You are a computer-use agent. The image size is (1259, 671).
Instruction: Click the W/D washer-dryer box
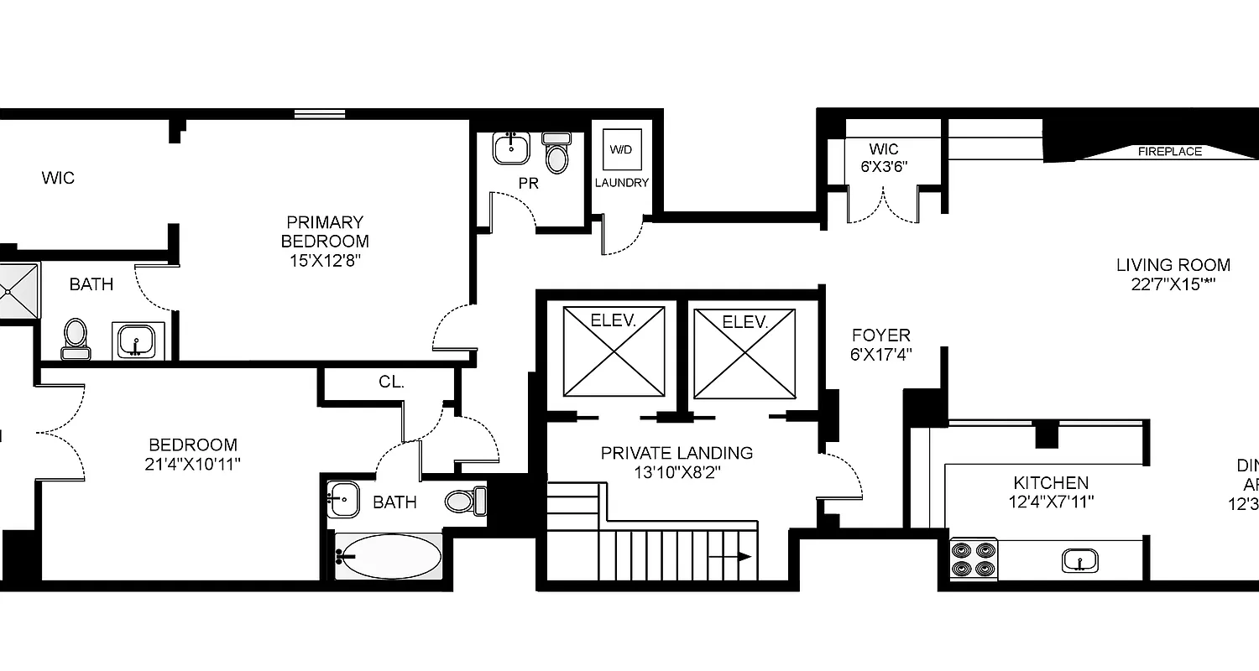pos(621,150)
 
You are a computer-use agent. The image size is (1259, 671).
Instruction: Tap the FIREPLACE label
pos(1169,152)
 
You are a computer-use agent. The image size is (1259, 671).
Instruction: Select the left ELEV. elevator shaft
pos(614,351)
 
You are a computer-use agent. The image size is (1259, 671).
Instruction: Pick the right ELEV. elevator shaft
pos(744,352)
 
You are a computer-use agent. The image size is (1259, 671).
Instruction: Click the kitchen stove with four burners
pos(974,559)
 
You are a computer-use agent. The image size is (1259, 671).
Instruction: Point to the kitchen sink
pos(1080,559)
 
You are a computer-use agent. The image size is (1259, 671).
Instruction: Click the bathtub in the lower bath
pos(389,555)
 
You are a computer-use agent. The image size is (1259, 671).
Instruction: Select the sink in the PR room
pos(510,148)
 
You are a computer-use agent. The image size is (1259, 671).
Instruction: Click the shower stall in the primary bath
pos(17,291)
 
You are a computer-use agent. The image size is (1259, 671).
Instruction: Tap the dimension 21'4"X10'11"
pos(194,462)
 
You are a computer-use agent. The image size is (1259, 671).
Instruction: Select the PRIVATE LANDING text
pos(677,453)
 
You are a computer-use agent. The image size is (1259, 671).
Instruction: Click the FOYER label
pos(880,335)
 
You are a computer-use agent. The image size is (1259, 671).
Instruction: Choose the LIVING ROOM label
pos(1173,265)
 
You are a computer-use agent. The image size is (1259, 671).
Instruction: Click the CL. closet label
pos(391,382)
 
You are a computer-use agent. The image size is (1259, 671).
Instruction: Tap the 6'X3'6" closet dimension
pos(884,167)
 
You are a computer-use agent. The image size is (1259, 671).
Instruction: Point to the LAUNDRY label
pos(622,183)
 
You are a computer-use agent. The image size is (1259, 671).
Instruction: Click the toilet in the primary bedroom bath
pos(76,337)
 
